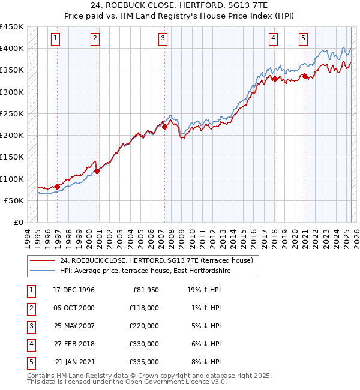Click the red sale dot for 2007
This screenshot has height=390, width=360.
tap(164, 127)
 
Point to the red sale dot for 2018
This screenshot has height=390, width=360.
tap(274, 79)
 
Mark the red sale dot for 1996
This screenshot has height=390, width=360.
tap(58, 187)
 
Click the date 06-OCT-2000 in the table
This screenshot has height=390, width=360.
tap(74, 308)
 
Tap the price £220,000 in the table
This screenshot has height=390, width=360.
tap(144, 326)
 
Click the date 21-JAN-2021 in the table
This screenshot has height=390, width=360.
tap(74, 362)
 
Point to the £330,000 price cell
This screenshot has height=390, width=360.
tap(144, 344)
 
